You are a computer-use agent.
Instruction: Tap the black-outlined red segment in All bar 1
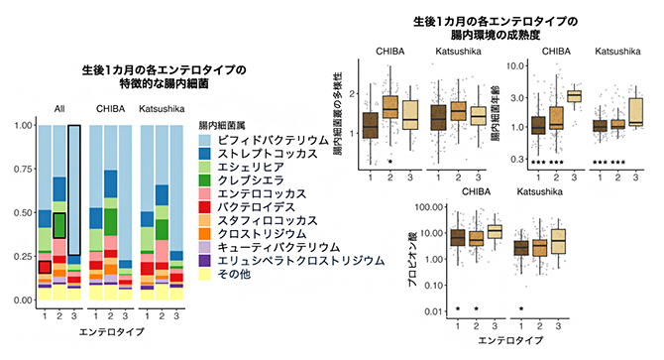click(44, 266)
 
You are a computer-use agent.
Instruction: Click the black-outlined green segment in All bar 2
click(59, 225)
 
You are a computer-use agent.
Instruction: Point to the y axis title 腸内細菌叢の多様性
click(340, 111)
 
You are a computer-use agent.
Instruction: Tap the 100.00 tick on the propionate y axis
click(422, 207)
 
